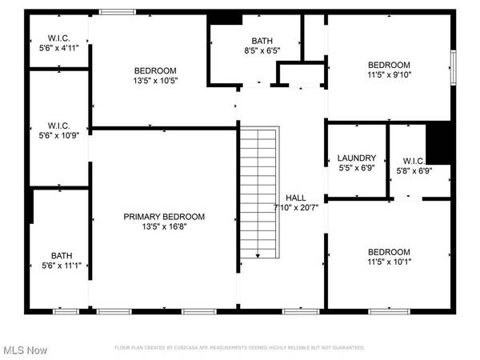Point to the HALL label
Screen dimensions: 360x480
pyautogui.click(x=295, y=198)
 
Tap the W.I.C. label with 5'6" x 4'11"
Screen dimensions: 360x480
pyautogui.click(x=58, y=37)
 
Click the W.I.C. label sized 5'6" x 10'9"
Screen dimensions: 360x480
pyautogui.click(x=58, y=126)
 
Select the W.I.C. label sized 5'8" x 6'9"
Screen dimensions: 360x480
pyautogui.click(x=414, y=159)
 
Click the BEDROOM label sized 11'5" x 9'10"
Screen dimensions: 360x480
pyautogui.click(x=389, y=66)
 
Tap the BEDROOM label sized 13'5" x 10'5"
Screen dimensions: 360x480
pyautogui.click(x=155, y=70)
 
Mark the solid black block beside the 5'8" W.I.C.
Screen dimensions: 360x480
pyautogui.click(x=438, y=142)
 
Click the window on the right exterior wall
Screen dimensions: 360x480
pyautogui.click(x=452, y=61)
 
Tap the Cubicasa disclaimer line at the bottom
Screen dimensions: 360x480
pyautogui.click(x=240, y=348)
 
